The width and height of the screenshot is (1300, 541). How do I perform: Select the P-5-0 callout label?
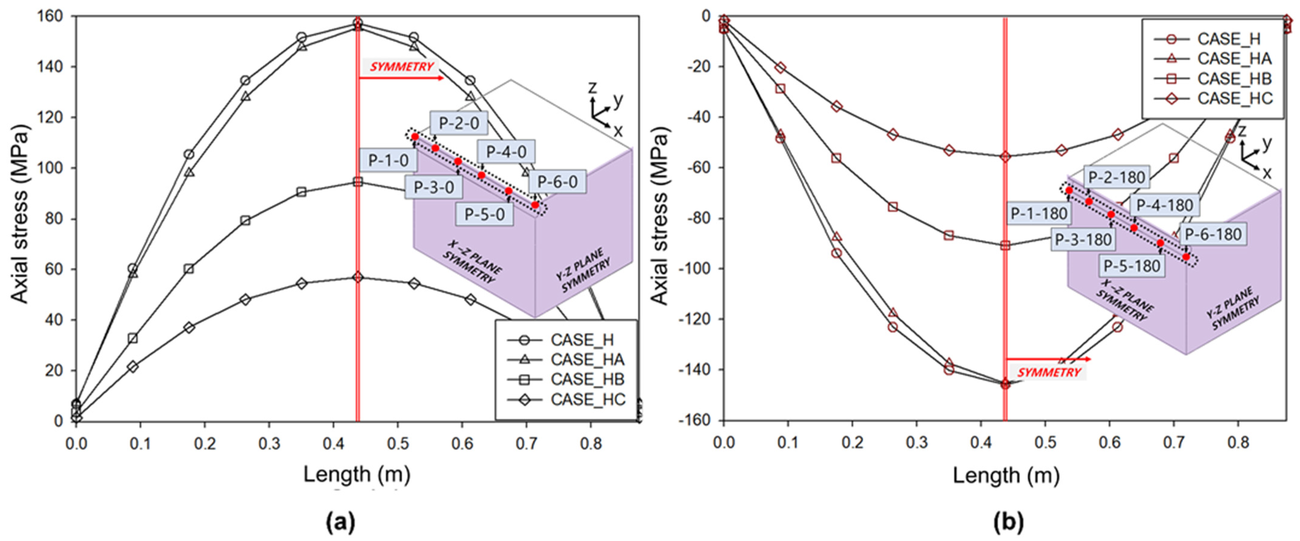484,214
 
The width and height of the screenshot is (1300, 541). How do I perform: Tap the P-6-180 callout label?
1213,235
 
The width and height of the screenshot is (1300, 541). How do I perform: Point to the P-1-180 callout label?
1038,214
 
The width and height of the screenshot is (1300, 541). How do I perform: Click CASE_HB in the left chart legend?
587,379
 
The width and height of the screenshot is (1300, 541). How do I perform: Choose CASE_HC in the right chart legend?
1234,98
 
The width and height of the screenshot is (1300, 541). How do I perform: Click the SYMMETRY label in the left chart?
402,67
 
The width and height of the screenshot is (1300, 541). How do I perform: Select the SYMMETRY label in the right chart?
1049,372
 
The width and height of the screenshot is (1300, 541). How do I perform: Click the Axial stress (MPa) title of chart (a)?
20,214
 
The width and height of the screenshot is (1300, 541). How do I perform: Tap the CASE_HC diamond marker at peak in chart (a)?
358,277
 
